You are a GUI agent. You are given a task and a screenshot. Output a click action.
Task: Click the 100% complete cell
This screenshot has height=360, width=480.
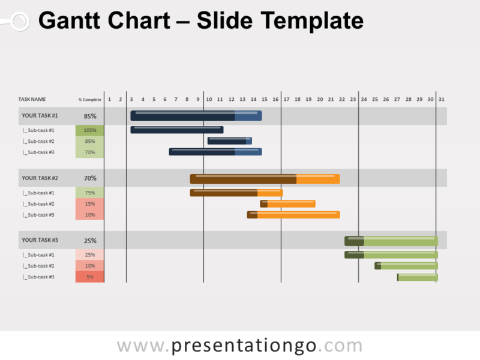pyautogui.click(x=90, y=130)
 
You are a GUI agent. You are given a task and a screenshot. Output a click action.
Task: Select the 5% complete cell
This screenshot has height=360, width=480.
pyautogui.click(x=90, y=277)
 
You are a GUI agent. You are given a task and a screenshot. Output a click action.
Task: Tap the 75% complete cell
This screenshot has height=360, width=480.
pyautogui.click(x=90, y=193)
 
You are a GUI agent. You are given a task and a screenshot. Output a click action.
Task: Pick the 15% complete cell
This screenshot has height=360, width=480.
pyautogui.click(x=90, y=204)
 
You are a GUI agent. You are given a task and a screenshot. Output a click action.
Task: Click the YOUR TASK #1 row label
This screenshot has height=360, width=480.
pyautogui.click(x=40, y=116)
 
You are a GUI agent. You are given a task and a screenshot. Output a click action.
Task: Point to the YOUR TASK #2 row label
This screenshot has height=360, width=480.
pyautogui.click(x=40, y=178)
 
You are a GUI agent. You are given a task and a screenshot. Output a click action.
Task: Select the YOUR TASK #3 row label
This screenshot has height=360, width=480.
pyautogui.click(x=40, y=240)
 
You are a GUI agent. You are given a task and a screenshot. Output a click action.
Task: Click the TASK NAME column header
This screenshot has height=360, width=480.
pyautogui.click(x=32, y=99)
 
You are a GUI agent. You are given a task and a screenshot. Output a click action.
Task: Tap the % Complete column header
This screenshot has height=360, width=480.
pyautogui.click(x=90, y=99)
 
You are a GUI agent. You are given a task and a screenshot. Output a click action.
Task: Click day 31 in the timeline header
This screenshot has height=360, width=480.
pyautogui.click(x=441, y=99)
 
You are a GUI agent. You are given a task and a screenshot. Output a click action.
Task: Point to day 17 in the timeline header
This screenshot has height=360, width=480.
pyautogui.click(x=286, y=99)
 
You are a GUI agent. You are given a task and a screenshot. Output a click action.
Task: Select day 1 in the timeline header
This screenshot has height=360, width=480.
pyautogui.click(x=109, y=99)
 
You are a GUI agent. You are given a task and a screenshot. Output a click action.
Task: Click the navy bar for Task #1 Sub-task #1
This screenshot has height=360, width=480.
pyautogui.click(x=177, y=130)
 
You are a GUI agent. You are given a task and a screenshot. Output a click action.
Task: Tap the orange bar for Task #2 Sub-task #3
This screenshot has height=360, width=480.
pyautogui.click(x=293, y=215)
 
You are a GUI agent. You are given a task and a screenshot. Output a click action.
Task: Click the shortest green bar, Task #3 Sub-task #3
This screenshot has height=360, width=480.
pyautogui.click(x=417, y=277)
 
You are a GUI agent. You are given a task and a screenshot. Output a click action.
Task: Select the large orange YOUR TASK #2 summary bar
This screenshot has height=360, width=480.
pyautogui.click(x=265, y=179)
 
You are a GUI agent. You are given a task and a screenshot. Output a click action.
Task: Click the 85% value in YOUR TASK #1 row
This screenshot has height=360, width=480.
pyautogui.click(x=90, y=116)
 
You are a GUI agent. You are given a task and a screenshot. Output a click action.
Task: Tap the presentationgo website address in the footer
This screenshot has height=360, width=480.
pyautogui.click(x=239, y=346)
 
